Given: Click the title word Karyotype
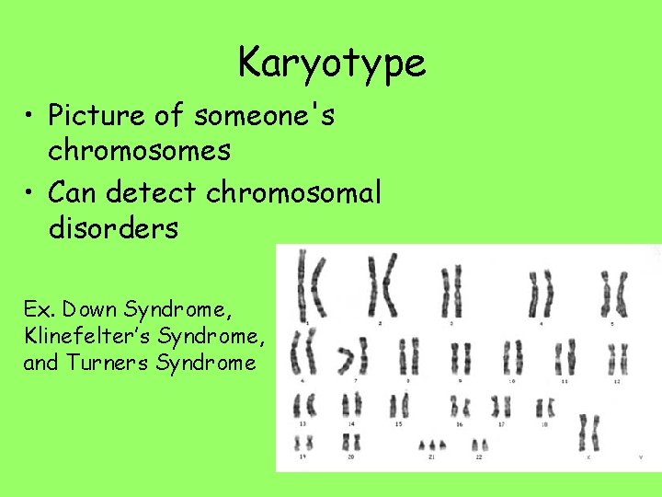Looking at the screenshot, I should (x=332, y=64).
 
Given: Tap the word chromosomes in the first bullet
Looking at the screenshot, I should (x=139, y=151).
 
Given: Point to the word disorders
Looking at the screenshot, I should (x=113, y=227).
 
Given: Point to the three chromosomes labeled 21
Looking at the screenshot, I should (x=432, y=445).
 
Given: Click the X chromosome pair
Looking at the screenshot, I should (x=589, y=432).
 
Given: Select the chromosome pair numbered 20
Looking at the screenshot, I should (x=351, y=442).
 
